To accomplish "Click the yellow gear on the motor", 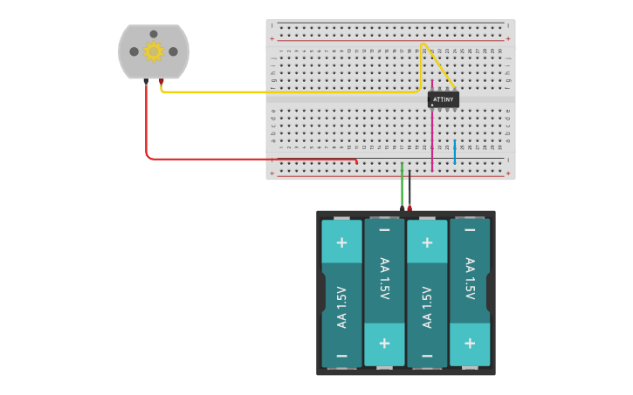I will (154, 51).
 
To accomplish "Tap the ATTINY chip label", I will (444, 99).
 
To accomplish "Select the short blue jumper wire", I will (454, 152).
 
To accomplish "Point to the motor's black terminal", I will (146, 81).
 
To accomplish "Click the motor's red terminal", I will (162, 81).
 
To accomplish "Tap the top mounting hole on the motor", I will (154, 34).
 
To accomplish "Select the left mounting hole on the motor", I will (134, 51).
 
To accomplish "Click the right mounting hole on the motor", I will (173, 51).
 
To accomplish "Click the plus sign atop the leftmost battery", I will (341, 242).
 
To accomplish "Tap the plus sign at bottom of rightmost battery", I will (470, 343).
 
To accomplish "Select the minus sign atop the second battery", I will (384, 230).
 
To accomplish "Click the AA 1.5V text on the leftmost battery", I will (341, 306).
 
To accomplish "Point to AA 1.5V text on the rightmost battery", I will (470, 278).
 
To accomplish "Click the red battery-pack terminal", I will (409, 208).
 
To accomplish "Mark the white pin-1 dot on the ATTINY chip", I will (433, 106).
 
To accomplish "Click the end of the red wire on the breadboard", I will (356, 161).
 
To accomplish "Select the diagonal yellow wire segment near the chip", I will (438, 65).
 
